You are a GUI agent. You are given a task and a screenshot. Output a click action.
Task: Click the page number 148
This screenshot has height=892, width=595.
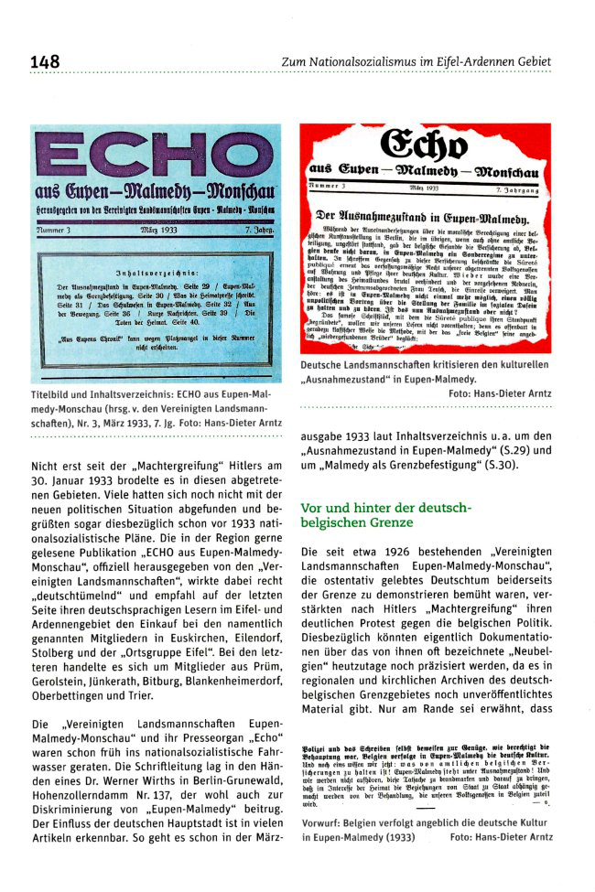pyautogui.click(x=44, y=61)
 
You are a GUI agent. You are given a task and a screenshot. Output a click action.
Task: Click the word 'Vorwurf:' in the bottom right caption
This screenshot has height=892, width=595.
pyautogui.click(x=323, y=846)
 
